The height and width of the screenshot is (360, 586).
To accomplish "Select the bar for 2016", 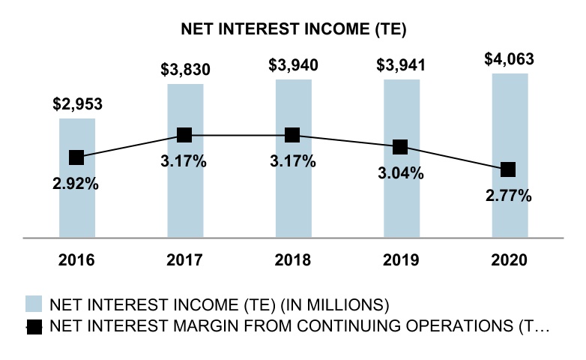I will (76, 202).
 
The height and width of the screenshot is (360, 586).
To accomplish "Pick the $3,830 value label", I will (185, 70).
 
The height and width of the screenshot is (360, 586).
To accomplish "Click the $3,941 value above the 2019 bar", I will (401, 65).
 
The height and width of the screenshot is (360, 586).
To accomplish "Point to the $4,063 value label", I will (510, 58).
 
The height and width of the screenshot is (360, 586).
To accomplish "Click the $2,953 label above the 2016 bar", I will (77, 104).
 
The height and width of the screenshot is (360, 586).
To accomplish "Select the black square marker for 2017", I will (185, 135).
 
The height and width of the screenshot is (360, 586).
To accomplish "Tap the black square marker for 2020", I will (509, 169).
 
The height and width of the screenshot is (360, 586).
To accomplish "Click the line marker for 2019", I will (401, 146).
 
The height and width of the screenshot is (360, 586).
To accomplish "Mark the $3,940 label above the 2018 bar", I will (293, 65).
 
